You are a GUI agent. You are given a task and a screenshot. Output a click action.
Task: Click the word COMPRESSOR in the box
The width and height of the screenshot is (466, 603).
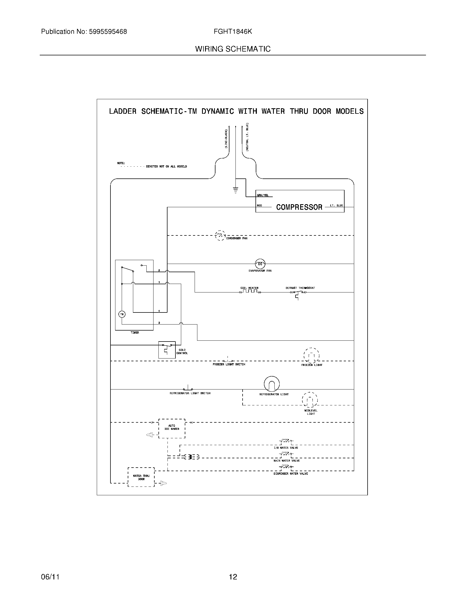click(299, 207)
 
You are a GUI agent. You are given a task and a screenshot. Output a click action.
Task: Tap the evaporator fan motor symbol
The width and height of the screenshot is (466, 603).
click(260, 264)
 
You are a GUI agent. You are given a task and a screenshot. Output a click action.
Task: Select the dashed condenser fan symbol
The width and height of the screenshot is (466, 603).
click(220, 235)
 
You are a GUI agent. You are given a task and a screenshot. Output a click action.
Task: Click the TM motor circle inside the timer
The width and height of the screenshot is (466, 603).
click(122, 314)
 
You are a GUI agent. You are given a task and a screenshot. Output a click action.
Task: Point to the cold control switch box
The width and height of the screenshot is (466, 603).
click(167, 350)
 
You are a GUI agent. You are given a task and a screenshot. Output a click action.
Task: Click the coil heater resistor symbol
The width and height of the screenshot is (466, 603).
click(250, 292)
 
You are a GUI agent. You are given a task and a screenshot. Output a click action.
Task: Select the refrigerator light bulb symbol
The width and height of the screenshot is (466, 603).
click(272, 384)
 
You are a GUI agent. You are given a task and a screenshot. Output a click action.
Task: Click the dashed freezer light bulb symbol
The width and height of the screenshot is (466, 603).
click(311, 355)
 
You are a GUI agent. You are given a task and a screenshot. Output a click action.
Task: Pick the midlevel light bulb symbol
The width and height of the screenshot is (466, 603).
click(310, 400)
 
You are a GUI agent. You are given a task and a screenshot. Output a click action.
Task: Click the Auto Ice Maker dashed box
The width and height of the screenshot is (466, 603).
click(172, 428)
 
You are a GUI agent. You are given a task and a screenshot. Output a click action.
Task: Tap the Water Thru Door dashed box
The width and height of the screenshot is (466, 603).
click(141, 477)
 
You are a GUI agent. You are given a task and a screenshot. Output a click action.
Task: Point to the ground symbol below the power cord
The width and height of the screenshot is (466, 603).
click(235, 190)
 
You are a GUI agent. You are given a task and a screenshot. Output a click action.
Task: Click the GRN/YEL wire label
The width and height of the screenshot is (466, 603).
click(263, 195)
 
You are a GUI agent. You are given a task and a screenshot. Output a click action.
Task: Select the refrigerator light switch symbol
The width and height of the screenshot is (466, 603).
click(188, 388)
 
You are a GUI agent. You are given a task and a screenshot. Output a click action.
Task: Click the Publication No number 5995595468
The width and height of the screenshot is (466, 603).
click(108, 32)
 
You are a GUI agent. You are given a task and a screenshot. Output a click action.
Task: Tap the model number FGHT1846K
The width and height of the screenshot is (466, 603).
click(233, 32)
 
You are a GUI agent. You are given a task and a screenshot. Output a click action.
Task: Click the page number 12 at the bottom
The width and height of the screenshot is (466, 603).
click(233, 577)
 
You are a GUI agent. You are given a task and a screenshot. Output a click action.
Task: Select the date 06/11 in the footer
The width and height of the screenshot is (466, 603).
click(50, 577)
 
